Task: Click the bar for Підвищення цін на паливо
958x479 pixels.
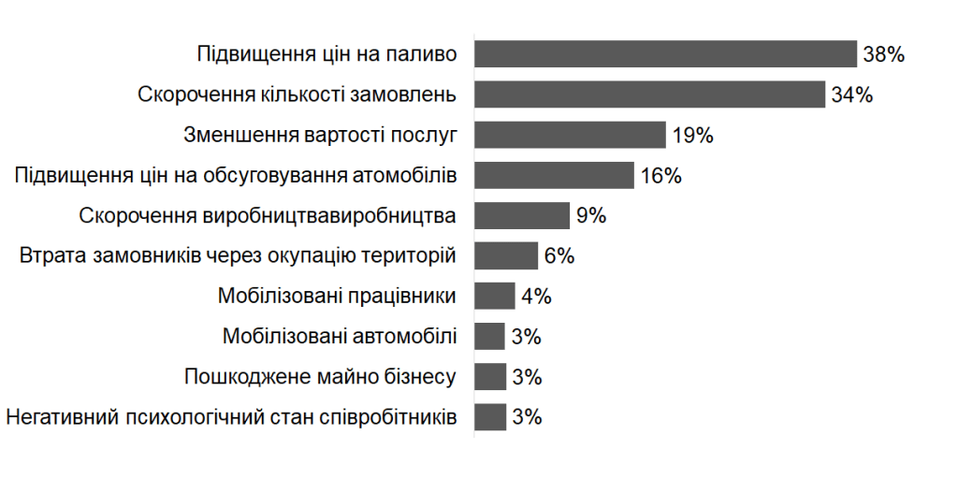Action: point(665,54)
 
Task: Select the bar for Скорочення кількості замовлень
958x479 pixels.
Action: point(649,94)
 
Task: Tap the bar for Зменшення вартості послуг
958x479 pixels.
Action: point(570,135)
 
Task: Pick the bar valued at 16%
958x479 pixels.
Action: point(554,175)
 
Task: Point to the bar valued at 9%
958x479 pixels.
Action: point(522,215)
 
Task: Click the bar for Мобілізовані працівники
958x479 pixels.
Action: point(495,296)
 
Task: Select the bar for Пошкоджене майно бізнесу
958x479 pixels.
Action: point(490,376)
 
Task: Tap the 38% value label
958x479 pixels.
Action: point(883,54)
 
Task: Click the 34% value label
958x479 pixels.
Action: point(851,94)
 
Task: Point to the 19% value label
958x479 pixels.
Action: point(692,135)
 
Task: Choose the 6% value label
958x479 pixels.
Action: point(559,255)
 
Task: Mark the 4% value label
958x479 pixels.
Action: point(536,296)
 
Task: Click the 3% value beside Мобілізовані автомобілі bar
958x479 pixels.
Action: point(527,336)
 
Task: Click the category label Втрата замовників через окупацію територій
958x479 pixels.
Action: point(237,255)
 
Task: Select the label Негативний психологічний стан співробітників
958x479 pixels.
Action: point(231,416)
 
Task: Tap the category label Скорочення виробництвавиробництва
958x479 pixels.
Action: point(268,215)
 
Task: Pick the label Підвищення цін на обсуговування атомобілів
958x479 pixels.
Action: point(236,175)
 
